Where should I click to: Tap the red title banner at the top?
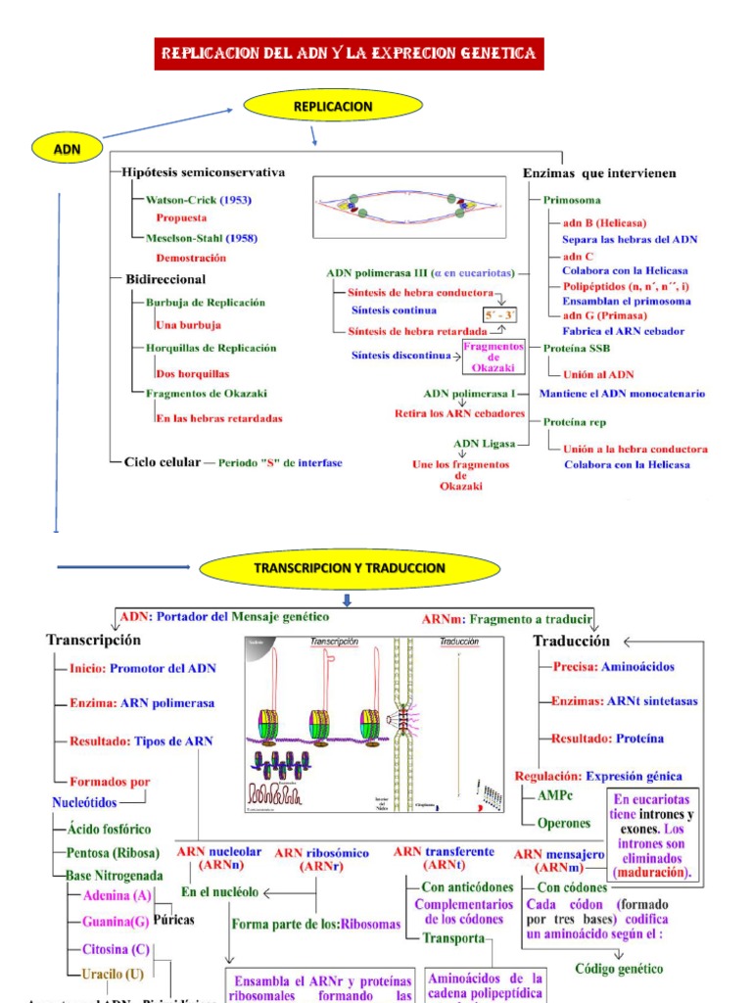pos(348,53)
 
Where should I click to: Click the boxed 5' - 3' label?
pos(499,314)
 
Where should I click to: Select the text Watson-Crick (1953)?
pos(198,200)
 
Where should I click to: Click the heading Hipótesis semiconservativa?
pos(204,172)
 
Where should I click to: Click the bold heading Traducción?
pos(571,641)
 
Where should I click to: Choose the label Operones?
pos(564,824)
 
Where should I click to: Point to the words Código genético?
pos(618,969)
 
